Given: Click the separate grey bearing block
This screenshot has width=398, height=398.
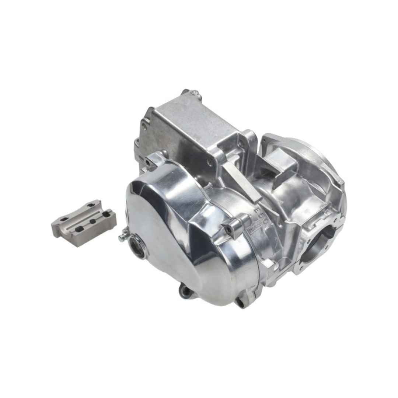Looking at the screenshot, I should click(84, 223).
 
